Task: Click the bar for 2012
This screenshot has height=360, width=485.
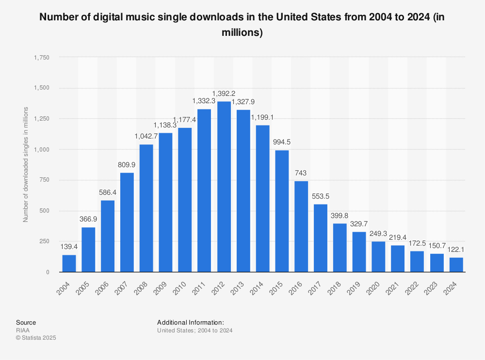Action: pos(224,187)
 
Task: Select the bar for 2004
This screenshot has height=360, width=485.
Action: pos(69,263)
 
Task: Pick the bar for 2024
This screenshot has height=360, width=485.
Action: pos(456,265)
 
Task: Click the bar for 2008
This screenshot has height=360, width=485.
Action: pos(146,208)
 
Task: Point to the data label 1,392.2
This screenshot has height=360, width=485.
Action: pos(224,93)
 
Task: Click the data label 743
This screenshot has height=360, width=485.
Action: pos(301,172)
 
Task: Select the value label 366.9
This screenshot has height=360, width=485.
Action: pos(88,219)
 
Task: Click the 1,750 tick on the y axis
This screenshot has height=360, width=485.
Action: pos(42,57)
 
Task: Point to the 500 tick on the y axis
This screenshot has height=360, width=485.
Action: pos(45,211)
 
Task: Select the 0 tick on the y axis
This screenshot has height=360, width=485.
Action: pos(48,272)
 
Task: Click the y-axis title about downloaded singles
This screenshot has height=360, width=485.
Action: pos(26,165)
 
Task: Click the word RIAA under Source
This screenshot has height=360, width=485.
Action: pos(22,330)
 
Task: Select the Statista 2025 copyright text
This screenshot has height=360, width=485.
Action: pos(36,338)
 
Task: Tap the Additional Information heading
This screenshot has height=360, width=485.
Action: pos(190,322)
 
